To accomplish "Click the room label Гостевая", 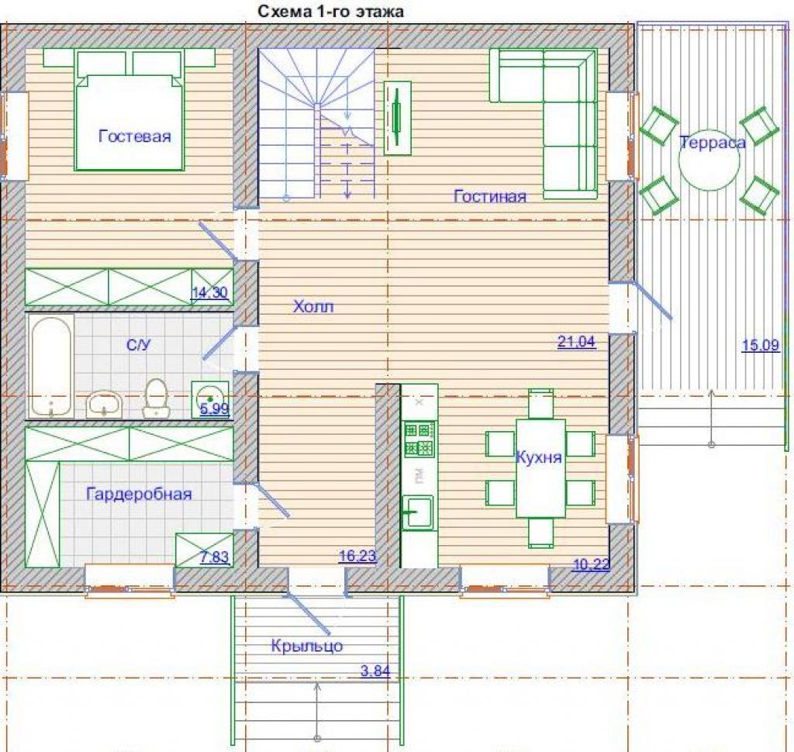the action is tap(135, 136).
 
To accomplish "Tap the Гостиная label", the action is tap(490, 196).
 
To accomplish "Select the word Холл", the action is tap(313, 306).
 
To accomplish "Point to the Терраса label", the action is tap(712, 143).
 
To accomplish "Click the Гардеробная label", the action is tap(140, 494).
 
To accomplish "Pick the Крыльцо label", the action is tap(307, 646).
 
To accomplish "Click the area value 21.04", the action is tap(576, 342).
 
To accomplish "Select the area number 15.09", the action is tap(761, 345).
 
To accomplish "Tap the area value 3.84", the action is tap(375, 671).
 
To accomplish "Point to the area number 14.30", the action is tap(209, 292).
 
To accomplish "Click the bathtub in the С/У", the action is tap(50, 367).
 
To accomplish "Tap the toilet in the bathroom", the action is tap(155, 398).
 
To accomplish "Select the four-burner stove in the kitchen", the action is tap(419, 439).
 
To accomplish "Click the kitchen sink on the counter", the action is tap(418, 512).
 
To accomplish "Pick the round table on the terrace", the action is tap(709, 160).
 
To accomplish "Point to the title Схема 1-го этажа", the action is tap(330, 11).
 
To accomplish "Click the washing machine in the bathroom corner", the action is tap(210, 399).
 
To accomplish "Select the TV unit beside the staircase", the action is tap(398, 118).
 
